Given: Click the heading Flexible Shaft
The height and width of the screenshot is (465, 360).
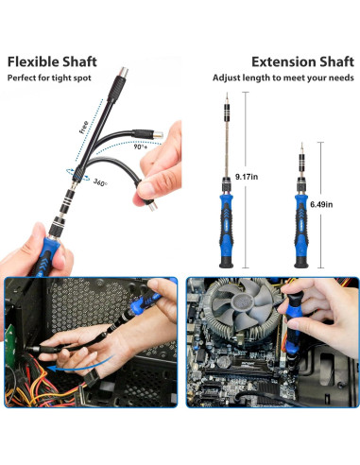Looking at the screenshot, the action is pos(52,61).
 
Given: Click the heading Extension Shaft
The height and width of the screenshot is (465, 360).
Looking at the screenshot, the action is pos(302,61).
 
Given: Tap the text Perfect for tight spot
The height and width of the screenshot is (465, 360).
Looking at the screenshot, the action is pos(49,77).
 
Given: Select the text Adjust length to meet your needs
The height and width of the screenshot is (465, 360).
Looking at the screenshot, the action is pos(283,77).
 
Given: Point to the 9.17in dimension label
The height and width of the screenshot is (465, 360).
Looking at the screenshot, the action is pos(247,177).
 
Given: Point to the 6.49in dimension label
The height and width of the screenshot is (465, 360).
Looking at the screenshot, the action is pos(321,204).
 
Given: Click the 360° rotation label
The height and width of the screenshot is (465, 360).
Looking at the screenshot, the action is pos(100,182).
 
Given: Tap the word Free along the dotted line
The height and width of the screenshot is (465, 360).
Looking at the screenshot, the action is pos(84,128).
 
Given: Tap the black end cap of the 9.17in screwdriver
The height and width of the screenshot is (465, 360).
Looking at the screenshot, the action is pos(226,263).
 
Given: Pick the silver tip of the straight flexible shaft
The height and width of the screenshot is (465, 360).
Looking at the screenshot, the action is pos(123,72).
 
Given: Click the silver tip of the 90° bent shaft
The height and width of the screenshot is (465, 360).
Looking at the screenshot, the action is pos(158,134).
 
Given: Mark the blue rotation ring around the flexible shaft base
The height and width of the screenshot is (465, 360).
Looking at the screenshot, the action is pos(77,174).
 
